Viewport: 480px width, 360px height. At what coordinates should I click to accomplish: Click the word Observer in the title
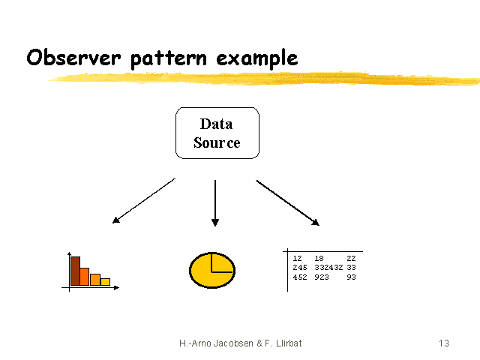coord(73,57)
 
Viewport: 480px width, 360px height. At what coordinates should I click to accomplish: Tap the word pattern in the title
coord(169,58)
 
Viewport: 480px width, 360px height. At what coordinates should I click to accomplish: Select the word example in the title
coord(257,58)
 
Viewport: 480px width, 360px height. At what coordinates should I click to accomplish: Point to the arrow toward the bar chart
coord(143,201)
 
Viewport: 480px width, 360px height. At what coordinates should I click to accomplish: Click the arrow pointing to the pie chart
coord(215,203)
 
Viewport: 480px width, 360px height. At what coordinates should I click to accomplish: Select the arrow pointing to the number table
coord(288,203)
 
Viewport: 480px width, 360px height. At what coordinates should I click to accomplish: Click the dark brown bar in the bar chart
coord(75,271)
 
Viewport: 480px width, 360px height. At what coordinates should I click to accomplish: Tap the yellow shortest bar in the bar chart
coord(105,282)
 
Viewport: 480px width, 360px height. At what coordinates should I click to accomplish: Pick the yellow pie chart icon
coord(212,270)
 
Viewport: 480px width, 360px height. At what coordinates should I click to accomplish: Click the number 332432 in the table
coord(328,268)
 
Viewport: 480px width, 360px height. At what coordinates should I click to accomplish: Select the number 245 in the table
coord(300,268)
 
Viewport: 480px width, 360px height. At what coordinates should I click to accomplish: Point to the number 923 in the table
coord(322,277)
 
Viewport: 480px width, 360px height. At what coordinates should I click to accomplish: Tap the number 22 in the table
coord(351,258)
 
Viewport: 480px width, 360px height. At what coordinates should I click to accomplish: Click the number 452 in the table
coord(300,277)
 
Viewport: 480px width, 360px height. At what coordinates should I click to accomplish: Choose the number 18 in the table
coord(319,258)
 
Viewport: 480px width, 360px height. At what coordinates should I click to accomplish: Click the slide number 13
coord(444,343)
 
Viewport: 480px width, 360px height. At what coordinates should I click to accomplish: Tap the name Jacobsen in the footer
coord(233,343)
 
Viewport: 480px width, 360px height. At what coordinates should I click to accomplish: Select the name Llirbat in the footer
coord(289,343)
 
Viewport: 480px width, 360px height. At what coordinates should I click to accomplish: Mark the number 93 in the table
coord(351,277)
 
